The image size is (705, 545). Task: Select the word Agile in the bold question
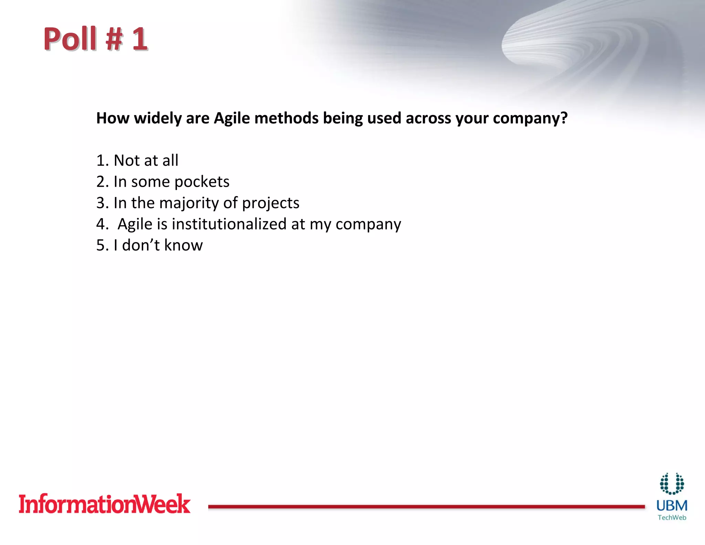[x=232, y=118]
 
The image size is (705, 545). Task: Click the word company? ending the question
[x=530, y=119]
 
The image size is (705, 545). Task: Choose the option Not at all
[x=146, y=161]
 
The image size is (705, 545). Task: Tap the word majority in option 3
[x=189, y=203]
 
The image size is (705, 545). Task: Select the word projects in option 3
[x=271, y=203]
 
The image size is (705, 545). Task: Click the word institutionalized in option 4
[x=229, y=224]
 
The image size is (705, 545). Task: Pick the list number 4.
[x=101, y=224]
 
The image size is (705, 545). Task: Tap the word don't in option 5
[x=141, y=245]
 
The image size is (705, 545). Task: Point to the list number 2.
[x=101, y=182]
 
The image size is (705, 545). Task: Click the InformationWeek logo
[x=104, y=504]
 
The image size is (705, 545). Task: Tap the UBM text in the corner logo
[x=672, y=506]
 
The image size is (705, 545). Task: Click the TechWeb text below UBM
[x=672, y=517]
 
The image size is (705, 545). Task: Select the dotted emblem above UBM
[x=672, y=484]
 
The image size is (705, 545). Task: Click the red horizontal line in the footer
[x=426, y=506]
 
